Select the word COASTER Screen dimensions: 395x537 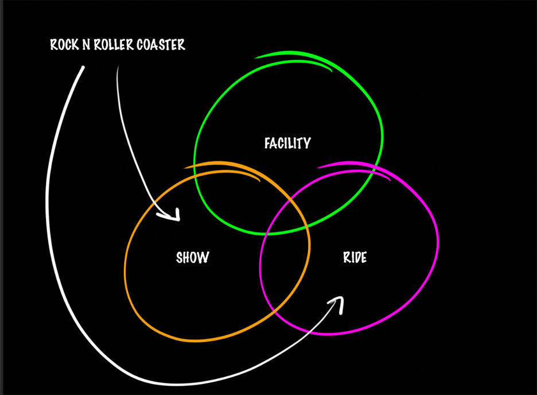click(162, 45)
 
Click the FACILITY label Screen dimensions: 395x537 click(287, 143)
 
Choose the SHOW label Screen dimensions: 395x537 click(192, 257)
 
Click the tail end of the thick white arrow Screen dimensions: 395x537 click(83, 68)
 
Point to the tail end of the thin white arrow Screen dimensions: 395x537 click(118, 67)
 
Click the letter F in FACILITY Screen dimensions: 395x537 click(267, 144)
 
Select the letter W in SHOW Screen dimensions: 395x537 click(203, 257)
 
